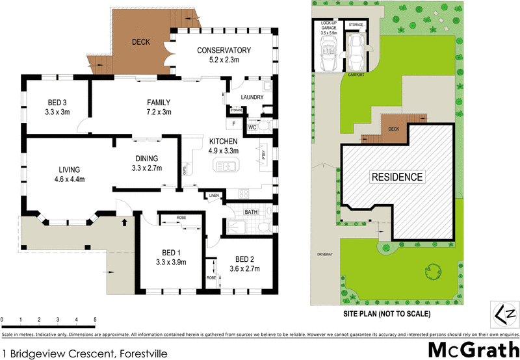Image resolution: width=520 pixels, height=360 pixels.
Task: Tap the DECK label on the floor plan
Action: click(x=140, y=42)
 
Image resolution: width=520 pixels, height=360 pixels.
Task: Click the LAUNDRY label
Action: click(x=252, y=97)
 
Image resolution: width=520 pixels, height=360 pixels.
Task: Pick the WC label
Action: click(x=252, y=127)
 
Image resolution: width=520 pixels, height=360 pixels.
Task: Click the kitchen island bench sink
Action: click(x=228, y=167)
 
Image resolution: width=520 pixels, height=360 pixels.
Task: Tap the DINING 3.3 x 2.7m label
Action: click(x=146, y=162)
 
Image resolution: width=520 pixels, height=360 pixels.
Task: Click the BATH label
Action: click(x=252, y=212)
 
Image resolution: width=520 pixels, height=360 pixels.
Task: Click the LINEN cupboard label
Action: click(x=213, y=196)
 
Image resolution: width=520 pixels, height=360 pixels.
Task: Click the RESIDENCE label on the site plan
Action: click(x=396, y=177)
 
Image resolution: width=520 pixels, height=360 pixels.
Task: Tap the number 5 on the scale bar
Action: click(x=95, y=320)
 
